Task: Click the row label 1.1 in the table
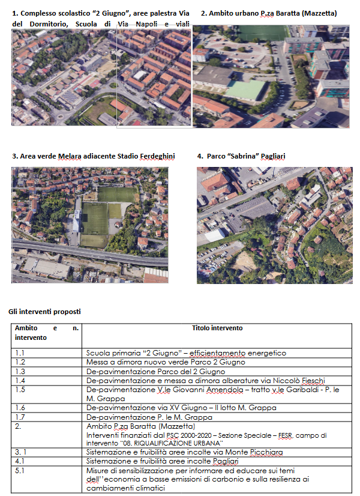click(20, 353)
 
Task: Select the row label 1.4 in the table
click(20, 380)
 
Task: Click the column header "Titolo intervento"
click(217, 328)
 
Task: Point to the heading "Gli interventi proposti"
click(44, 312)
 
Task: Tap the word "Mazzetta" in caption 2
click(317, 13)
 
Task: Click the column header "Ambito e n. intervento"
click(46, 333)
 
